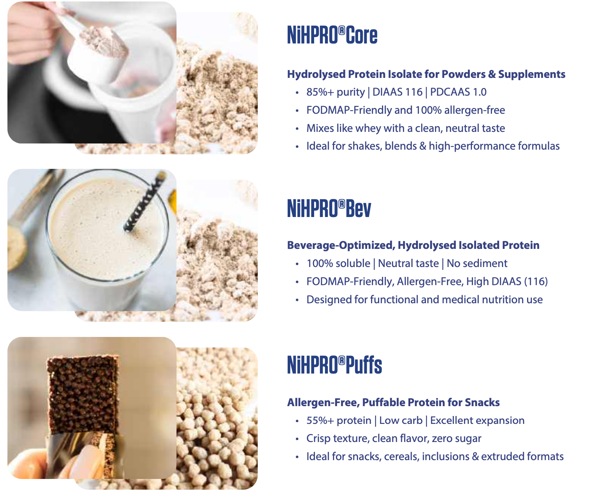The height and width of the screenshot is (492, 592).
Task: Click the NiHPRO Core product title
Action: [x=332, y=35]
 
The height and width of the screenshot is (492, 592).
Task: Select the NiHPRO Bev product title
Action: [x=329, y=208]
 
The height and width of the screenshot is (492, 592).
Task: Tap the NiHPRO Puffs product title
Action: [x=334, y=365]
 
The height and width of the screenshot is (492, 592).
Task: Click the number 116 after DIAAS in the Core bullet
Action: [x=414, y=92]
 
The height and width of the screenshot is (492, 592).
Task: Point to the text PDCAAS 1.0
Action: [x=458, y=92]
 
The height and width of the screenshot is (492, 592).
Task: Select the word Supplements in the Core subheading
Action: [x=532, y=74]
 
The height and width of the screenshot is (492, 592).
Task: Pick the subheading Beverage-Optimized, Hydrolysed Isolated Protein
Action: [x=413, y=245]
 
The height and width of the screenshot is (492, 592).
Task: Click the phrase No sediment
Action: [x=477, y=263]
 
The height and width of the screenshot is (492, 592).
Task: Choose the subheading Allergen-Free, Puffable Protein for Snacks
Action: [x=393, y=403]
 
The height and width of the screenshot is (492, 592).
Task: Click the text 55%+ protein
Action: [x=339, y=421]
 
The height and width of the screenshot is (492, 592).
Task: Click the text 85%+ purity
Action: [x=336, y=92]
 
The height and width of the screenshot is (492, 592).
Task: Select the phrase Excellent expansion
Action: [x=477, y=421]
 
